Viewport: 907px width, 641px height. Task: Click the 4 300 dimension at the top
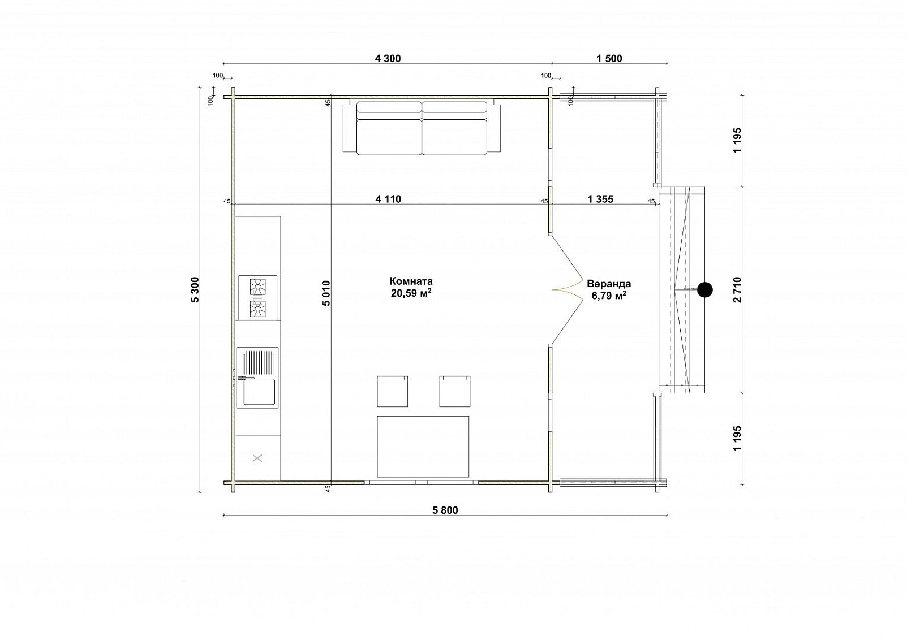pyautogui.click(x=388, y=59)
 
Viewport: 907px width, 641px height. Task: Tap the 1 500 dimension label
pyautogui.click(x=609, y=59)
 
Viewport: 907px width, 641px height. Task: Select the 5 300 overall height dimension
pyautogui.click(x=195, y=289)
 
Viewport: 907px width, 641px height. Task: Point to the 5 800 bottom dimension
pyautogui.click(x=445, y=510)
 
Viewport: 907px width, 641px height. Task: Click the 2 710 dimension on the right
pyautogui.click(x=737, y=289)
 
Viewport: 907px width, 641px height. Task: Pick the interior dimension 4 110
pyautogui.click(x=388, y=199)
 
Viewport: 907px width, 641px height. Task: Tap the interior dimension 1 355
pyautogui.click(x=600, y=199)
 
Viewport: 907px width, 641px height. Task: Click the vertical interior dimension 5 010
pyautogui.click(x=327, y=293)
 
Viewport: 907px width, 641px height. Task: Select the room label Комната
pyautogui.click(x=411, y=281)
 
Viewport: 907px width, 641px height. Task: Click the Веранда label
pyautogui.click(x=609, y=284)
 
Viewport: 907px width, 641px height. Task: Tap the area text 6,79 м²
pyautogui.click(x=609, y=296)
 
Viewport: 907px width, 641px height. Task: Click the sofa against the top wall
pyautogui.click(x=422, y=128)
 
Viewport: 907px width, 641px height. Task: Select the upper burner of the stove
pyautogui.click(x=258, y=287)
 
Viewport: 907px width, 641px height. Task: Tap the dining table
pyautogui.click(x=423, y=447)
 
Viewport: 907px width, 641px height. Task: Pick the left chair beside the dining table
pyautogui.click(x=392, y=391)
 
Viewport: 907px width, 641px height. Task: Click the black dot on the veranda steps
pyautogui.click(x=705, y=289)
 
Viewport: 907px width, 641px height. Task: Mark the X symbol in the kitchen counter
pyautogui.click(x=257, y=458)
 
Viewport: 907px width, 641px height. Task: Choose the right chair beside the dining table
pyautogui.click(x=455, y=391)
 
